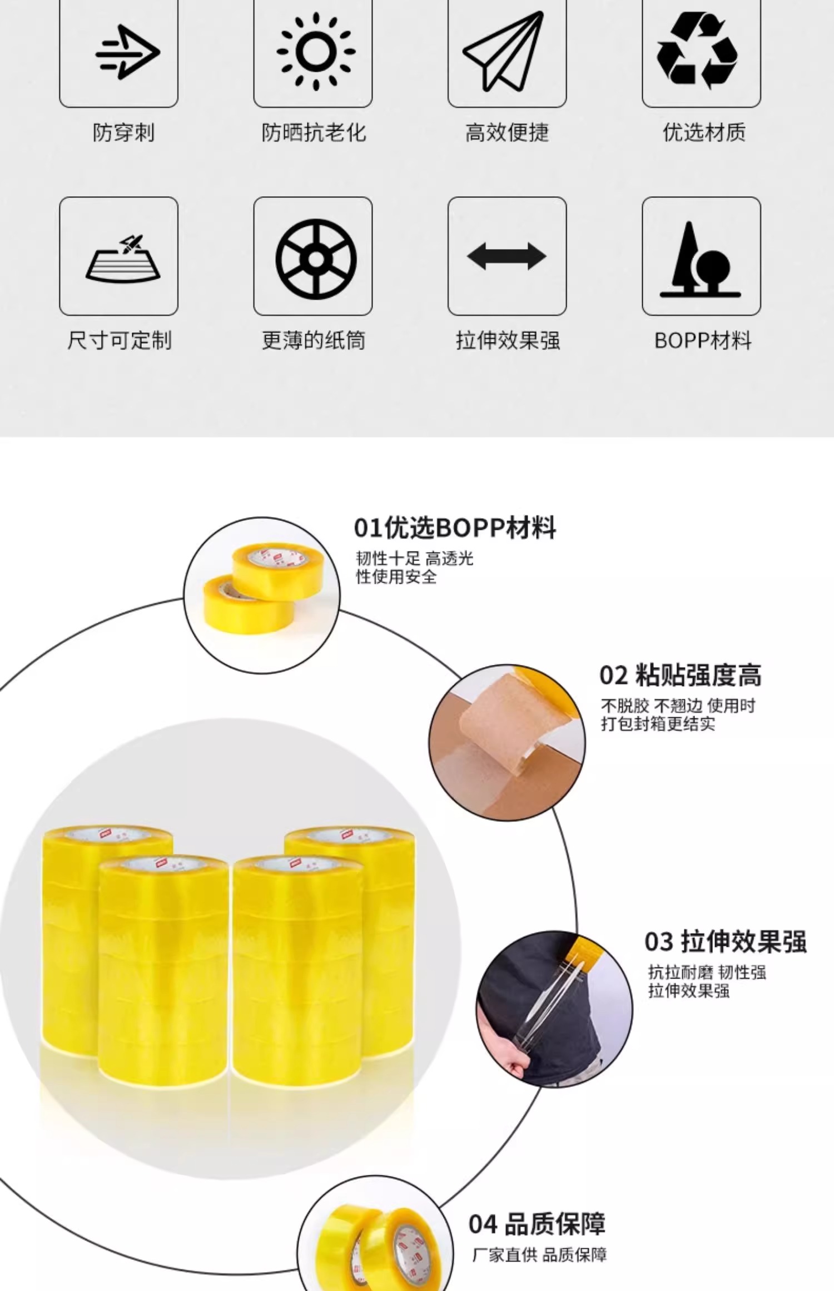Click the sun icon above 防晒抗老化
tap(316, 52)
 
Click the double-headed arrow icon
tap(507, 256)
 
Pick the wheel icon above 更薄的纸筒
tap(316, 259)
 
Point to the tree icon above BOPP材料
tap(700, 259)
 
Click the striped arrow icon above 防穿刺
tap(127, 52)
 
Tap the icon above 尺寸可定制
tap(123, 259)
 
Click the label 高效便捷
tap(507, 133)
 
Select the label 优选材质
tap(703, 133)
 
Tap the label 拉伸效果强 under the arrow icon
tap(508, 340)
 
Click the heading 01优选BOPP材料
tap(454, 528)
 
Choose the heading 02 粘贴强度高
tap(680, 676)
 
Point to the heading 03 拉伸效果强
tap(725, 942)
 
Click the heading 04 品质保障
tap(537, 1224)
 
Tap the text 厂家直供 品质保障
tap(539, 1255)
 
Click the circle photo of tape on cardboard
tap(507, 742)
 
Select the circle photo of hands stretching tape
tap(554, 1009)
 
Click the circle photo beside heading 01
tap(261, 595)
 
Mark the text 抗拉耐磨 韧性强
tap(707, 972)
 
